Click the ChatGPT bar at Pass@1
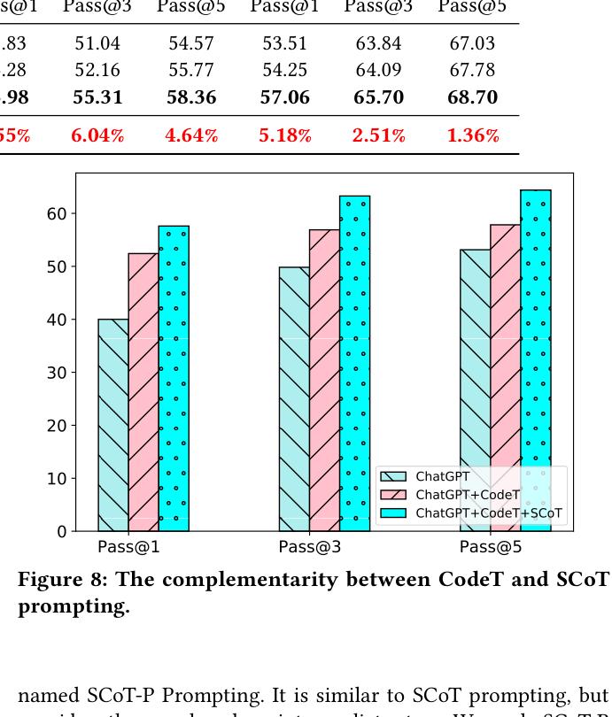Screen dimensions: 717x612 tap(112, 425)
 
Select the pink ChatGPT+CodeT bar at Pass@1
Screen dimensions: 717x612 tap(143, 392)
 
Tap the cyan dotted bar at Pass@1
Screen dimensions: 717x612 tap(174, 378)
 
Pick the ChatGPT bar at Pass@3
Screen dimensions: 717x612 tap(294, 399)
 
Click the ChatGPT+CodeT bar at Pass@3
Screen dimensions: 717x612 tap(324, 381)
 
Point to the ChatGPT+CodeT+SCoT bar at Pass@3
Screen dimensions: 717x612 tap(354, 363)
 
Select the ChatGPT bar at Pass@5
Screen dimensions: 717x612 tap(475, 390)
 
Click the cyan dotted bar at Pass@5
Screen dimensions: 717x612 tap(536, 360)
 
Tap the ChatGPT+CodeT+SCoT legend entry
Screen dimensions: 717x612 tap(488, 513)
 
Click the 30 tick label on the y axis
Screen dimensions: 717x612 tap(57, 373)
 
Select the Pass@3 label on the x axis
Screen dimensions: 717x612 tap(310, 547)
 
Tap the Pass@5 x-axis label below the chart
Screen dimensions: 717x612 tap(491, 547)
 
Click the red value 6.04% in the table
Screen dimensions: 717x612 tap(97, 135)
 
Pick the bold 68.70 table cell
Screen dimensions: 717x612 tap(472, 97)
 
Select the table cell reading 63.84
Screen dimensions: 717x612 tap(378, 43)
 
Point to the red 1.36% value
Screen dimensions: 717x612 tap(473, 135)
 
